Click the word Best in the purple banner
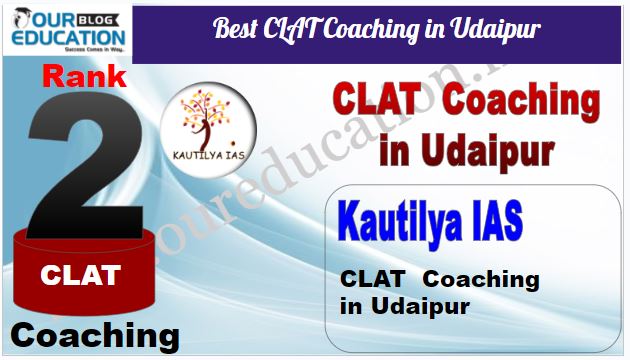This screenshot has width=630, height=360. click(234, 28)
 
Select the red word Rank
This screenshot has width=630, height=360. click(84, 76)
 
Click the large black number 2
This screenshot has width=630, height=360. click(86, 165)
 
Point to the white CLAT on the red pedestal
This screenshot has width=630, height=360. click(80, 275)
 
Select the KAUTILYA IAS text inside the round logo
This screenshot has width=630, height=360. click(209, 155)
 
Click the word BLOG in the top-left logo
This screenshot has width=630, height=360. click(96, 19)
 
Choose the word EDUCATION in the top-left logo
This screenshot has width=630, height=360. click(68, 37)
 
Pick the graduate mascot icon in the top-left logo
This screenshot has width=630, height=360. click(21, 18)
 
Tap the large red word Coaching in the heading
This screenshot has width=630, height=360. click(522, 102)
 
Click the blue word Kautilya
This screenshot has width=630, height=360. click(399, 223)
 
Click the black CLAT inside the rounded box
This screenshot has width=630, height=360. click(372, 279)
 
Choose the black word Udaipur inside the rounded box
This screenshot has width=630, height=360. click(420, 306)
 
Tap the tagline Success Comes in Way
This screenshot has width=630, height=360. click(95, 49)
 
